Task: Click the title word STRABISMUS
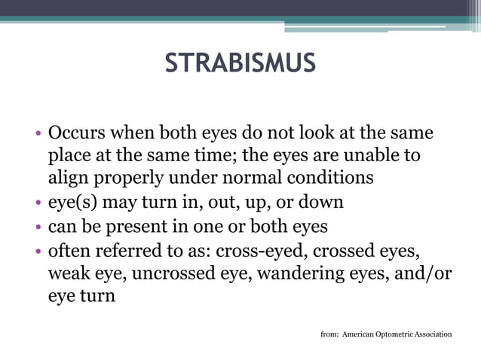(x=240, y=63)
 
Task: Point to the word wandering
(x=302, y=273)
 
